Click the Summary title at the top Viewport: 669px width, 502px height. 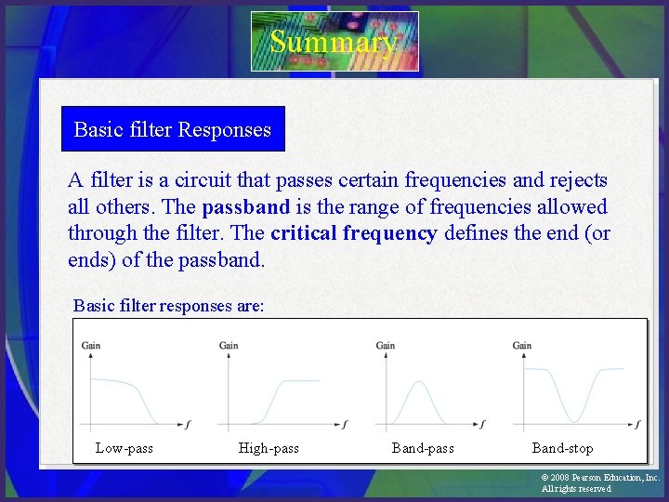(x=334, y=42)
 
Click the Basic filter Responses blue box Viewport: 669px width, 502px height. (x=173, y=129)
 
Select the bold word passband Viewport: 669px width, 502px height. (x=245, y=207)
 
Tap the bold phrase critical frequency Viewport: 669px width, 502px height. (x=353, y=233)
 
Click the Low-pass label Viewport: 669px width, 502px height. (x=124, y=449)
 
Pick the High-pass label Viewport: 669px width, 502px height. (x=269, y=449)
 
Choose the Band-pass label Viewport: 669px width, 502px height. (x=423, y=449)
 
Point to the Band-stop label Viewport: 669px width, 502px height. (x=562, y=449)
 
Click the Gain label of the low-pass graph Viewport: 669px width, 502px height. (x=91, y=346)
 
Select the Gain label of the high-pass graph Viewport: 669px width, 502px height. (x=229, y=346)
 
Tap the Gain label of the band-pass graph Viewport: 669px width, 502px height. (x=386, y=346)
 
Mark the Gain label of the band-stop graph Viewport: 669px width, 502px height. (x=522, y=346)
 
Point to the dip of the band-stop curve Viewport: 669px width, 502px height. (x=578, y=421)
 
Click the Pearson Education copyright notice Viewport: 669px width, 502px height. (x=599, y=482)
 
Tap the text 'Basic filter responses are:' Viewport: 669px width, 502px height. (x=168, y=306)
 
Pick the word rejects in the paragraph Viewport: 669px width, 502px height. (x=576, y=180)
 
